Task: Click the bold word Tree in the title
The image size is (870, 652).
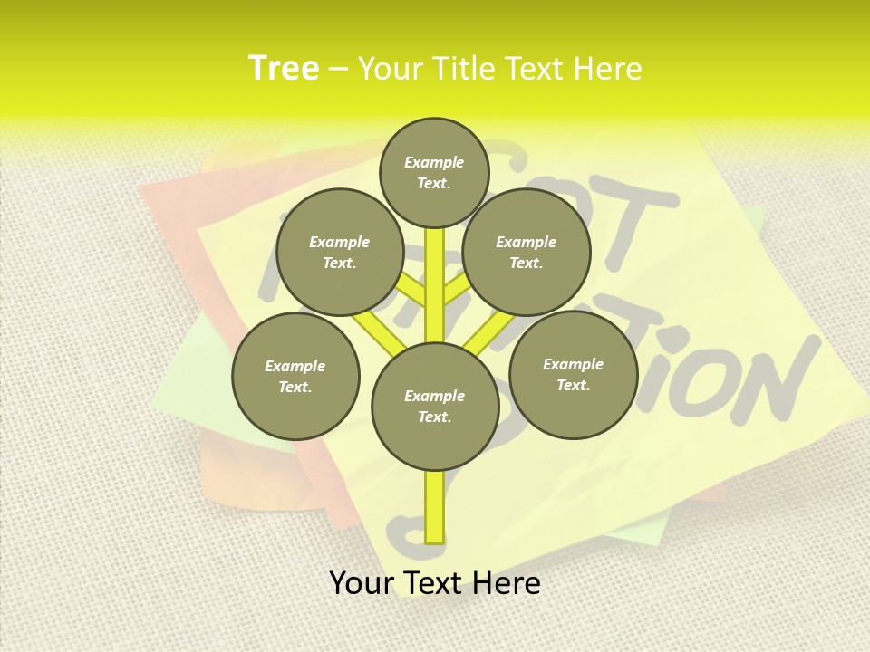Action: coord(284,68)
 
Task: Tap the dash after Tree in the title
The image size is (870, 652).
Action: coord(338,70)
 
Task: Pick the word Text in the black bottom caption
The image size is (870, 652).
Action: coord(434,583)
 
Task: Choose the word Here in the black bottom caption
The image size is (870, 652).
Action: coord(506,583)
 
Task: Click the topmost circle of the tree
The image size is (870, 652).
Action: coord(434,172)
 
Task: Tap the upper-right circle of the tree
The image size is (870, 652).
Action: coord(527,252)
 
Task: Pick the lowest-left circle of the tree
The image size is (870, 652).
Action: coord(295,376)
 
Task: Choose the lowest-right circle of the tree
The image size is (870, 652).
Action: coord(574,374)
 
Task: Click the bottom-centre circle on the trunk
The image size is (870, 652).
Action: coord(435,407)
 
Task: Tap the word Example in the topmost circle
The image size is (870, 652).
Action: coord(434,162)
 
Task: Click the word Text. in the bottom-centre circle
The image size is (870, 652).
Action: coord(434,417)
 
